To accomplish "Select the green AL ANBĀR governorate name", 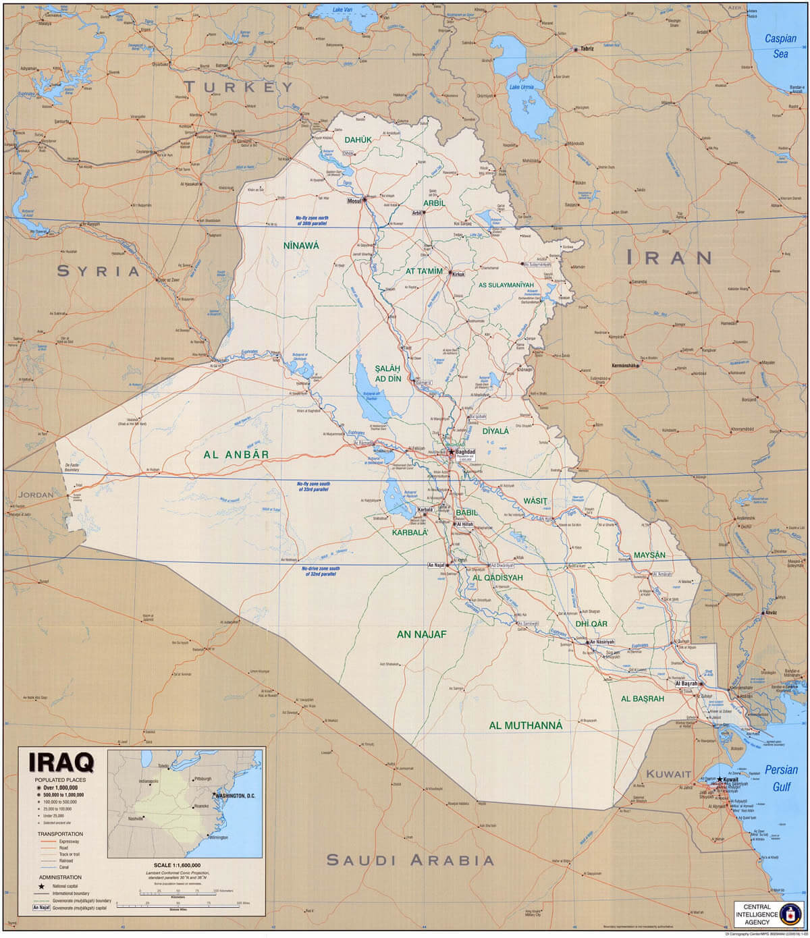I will (236, 455).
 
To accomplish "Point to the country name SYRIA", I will (98, 271).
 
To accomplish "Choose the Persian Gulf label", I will (782, 777).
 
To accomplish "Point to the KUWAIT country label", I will (668, 774).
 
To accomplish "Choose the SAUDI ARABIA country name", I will (410, 860).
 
